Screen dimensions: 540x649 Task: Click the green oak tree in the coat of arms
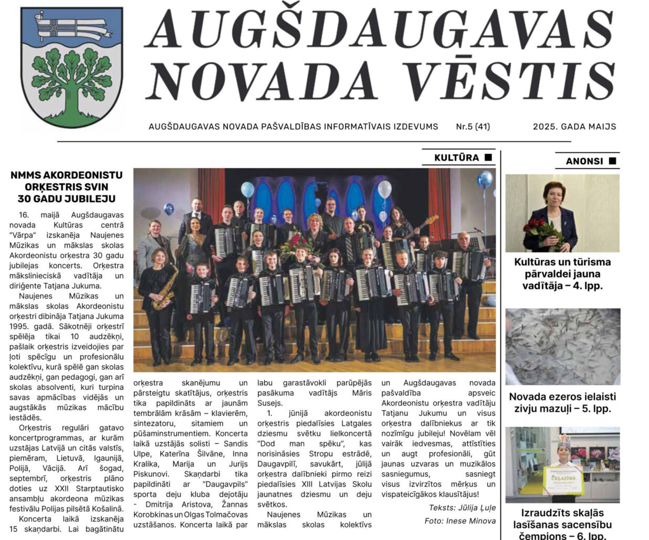(72, 79)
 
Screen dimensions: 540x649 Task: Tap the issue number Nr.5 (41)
(473, 127)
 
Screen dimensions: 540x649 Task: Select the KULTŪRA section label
(456, 158)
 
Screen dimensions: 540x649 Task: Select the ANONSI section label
(584, 161)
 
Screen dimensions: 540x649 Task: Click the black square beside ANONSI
(612, 161)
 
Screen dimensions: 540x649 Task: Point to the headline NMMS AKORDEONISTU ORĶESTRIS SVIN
(66, 181)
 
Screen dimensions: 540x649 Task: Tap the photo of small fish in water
(562, 346)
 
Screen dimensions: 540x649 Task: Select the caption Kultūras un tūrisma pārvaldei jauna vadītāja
(562, 274)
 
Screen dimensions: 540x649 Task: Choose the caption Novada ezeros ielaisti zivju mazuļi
(562, 402)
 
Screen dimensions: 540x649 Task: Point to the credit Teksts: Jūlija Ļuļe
(462, 508)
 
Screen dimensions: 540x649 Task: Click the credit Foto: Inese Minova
(460, 521)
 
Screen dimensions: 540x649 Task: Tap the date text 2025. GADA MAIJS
(574, 127)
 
